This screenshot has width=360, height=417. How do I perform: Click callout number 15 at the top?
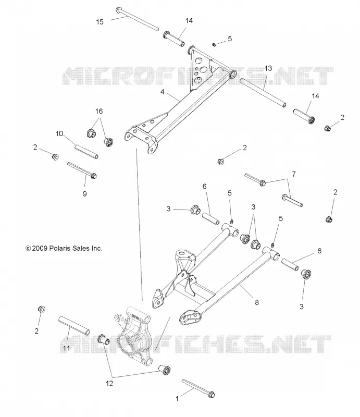100,22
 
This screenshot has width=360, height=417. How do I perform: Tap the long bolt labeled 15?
137,19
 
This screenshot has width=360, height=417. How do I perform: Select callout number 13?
268,68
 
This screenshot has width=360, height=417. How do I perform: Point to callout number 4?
163,92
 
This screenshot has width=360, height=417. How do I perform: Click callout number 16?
99,111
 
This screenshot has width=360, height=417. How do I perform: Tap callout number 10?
59,133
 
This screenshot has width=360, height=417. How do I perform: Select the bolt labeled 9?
82,170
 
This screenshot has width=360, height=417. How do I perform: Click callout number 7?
294,174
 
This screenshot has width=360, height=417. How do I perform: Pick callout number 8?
256,302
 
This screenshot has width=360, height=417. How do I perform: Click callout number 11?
66,348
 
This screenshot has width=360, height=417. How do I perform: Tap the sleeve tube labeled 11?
74,325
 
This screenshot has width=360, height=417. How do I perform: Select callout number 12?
109,383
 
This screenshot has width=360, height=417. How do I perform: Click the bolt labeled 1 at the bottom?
198,388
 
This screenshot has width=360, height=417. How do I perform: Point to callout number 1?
177,398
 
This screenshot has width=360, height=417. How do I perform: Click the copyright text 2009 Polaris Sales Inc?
64,248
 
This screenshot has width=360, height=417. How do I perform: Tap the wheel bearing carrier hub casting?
133,336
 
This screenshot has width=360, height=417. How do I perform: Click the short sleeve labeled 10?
86,152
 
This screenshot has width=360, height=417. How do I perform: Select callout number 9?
84,194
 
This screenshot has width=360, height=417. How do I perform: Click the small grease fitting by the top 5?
214,45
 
